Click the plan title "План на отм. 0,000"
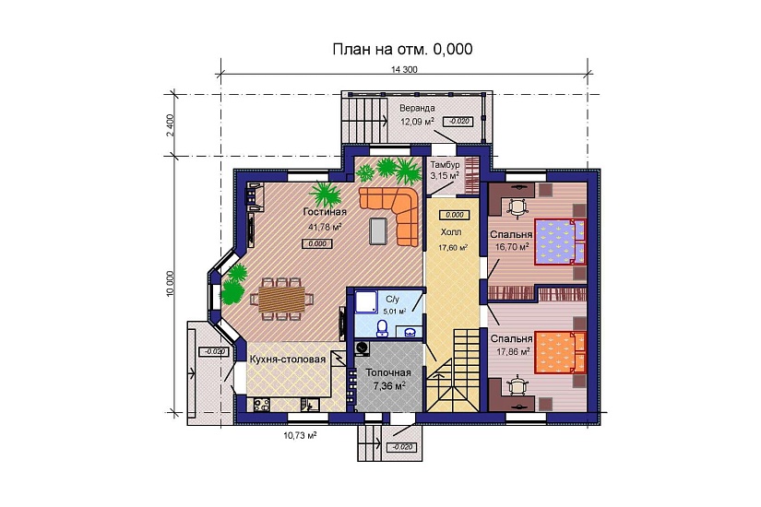402,49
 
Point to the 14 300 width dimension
404,69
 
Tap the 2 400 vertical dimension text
170,125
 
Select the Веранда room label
417,108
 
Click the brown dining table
281,299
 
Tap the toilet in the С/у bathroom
382,327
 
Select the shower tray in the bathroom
366,301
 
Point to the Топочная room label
387,372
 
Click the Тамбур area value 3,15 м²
445,176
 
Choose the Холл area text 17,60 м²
453,247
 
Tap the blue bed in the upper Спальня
560,242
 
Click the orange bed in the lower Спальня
560,352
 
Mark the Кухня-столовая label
287,360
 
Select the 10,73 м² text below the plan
300,436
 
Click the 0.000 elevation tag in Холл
454,215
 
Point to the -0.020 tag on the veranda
458,121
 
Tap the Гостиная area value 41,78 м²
325,226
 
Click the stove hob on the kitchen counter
262,405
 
